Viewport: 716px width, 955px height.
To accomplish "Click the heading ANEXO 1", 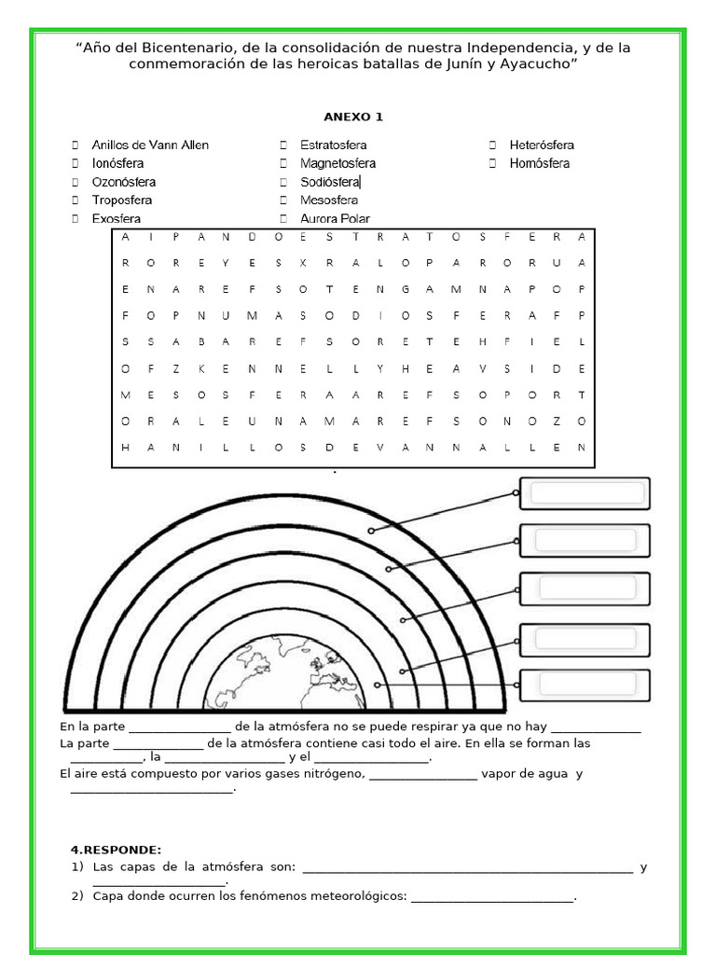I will [352, 117].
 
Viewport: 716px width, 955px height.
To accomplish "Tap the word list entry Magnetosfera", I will [337, 163].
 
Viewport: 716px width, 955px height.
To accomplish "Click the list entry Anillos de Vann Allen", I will [150, 145].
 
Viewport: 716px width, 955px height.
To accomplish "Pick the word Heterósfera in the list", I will [542, 145].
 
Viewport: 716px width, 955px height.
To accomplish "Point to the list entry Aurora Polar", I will [335, 218].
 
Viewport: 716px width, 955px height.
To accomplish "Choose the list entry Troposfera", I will [121, 200].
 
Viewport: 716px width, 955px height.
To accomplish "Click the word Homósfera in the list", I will [539, 163].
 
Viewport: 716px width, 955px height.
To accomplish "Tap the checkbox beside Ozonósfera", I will [75, 182].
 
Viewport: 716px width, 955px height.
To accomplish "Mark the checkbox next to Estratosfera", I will [282, 145].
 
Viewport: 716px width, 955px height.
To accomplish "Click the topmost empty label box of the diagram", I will [584, 493].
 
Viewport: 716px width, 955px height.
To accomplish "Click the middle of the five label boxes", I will [584, 588].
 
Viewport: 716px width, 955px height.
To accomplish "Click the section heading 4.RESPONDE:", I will [116, 849].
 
